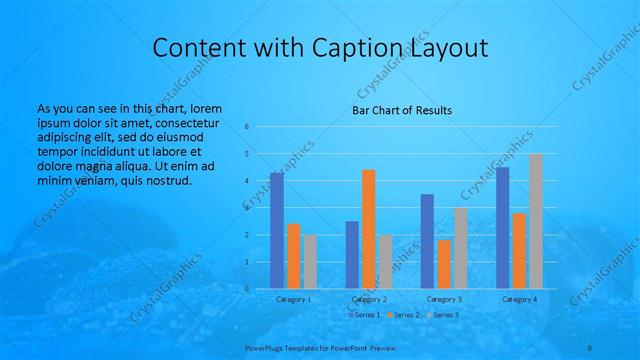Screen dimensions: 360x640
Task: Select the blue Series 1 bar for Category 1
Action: point(277,230)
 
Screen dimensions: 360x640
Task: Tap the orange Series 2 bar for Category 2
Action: point(368,229)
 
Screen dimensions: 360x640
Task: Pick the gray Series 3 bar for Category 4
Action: point(536,221)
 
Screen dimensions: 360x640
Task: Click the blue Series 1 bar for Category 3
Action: point(427,241)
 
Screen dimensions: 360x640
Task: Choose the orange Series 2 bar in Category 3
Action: point(444,264)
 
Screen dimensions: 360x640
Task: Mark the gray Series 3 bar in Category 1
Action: point(310,261)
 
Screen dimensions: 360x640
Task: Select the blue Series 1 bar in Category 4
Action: point(502,227)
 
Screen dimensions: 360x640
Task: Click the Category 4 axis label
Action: point(519,299)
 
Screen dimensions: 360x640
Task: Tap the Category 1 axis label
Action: point(293,299)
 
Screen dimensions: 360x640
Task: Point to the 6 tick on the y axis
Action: point(246,127)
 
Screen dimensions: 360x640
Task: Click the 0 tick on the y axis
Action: point(246,289)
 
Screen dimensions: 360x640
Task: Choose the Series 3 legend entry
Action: point(443,315)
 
